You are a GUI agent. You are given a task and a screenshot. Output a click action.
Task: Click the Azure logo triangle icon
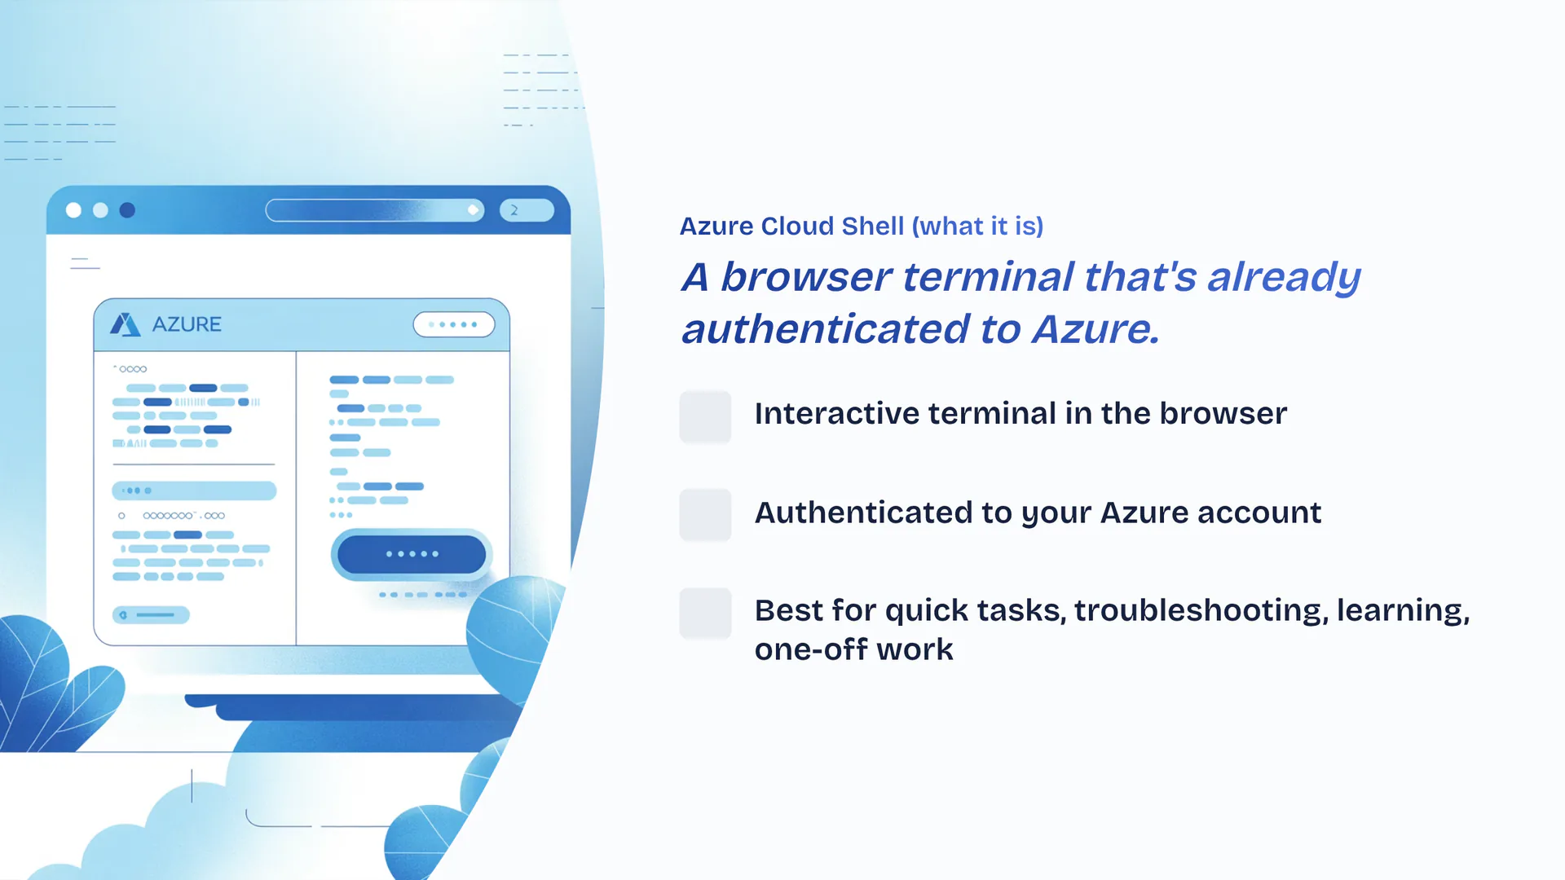tap(125, 324)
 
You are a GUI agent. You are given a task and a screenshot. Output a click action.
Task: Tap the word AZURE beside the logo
tap(187, 324)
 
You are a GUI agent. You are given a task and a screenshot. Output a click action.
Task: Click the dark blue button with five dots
tap(412, 554)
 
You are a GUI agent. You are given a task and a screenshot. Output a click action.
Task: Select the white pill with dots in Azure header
tap(454, 324)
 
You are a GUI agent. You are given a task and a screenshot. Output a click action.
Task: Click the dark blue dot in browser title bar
tap(127, 210)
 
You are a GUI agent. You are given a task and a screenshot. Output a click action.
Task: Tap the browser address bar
tap(375, 210)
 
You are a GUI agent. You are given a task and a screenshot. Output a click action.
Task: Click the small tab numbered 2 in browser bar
tap(527, 210)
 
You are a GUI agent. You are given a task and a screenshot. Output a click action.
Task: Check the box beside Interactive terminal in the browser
tap(705, 416)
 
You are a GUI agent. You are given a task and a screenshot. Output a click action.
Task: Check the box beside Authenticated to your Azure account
tap(705, 514)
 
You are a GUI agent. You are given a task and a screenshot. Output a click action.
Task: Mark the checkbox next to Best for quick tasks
tap(705, 613)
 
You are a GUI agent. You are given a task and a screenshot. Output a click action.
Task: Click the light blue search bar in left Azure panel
tap(194, 491)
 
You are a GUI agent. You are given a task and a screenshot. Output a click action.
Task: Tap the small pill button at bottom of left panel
tap(152, 615)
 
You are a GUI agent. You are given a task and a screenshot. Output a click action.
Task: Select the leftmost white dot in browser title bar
tap(73, 210)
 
